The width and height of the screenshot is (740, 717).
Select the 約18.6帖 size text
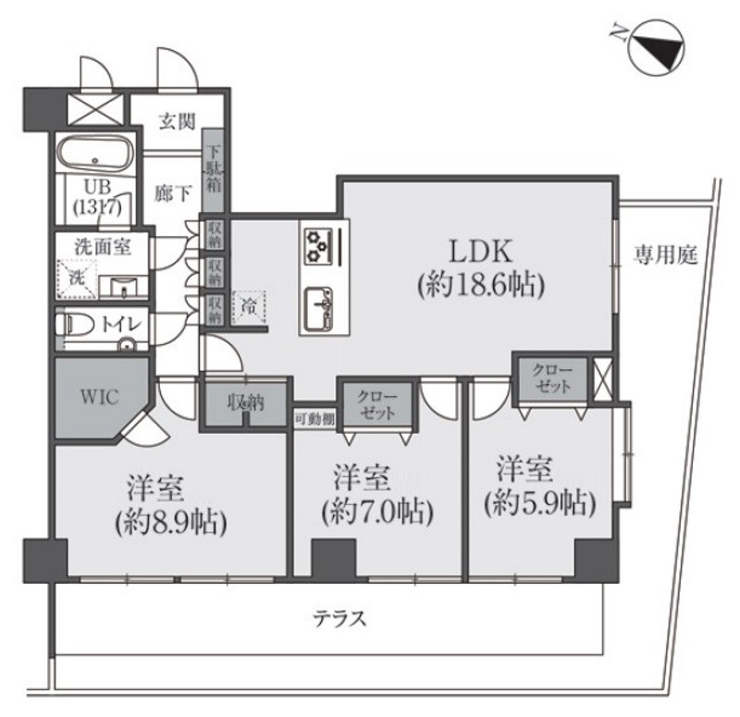479,285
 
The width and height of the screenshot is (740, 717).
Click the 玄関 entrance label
174,120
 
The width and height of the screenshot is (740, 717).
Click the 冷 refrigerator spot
248,303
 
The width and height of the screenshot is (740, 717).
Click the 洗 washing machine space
75,277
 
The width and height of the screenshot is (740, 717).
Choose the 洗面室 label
104,247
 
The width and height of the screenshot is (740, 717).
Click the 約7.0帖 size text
377,511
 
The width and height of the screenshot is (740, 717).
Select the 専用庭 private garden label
665,252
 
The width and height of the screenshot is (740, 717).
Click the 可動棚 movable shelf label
314,417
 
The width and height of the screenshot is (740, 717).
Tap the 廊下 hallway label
174,193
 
